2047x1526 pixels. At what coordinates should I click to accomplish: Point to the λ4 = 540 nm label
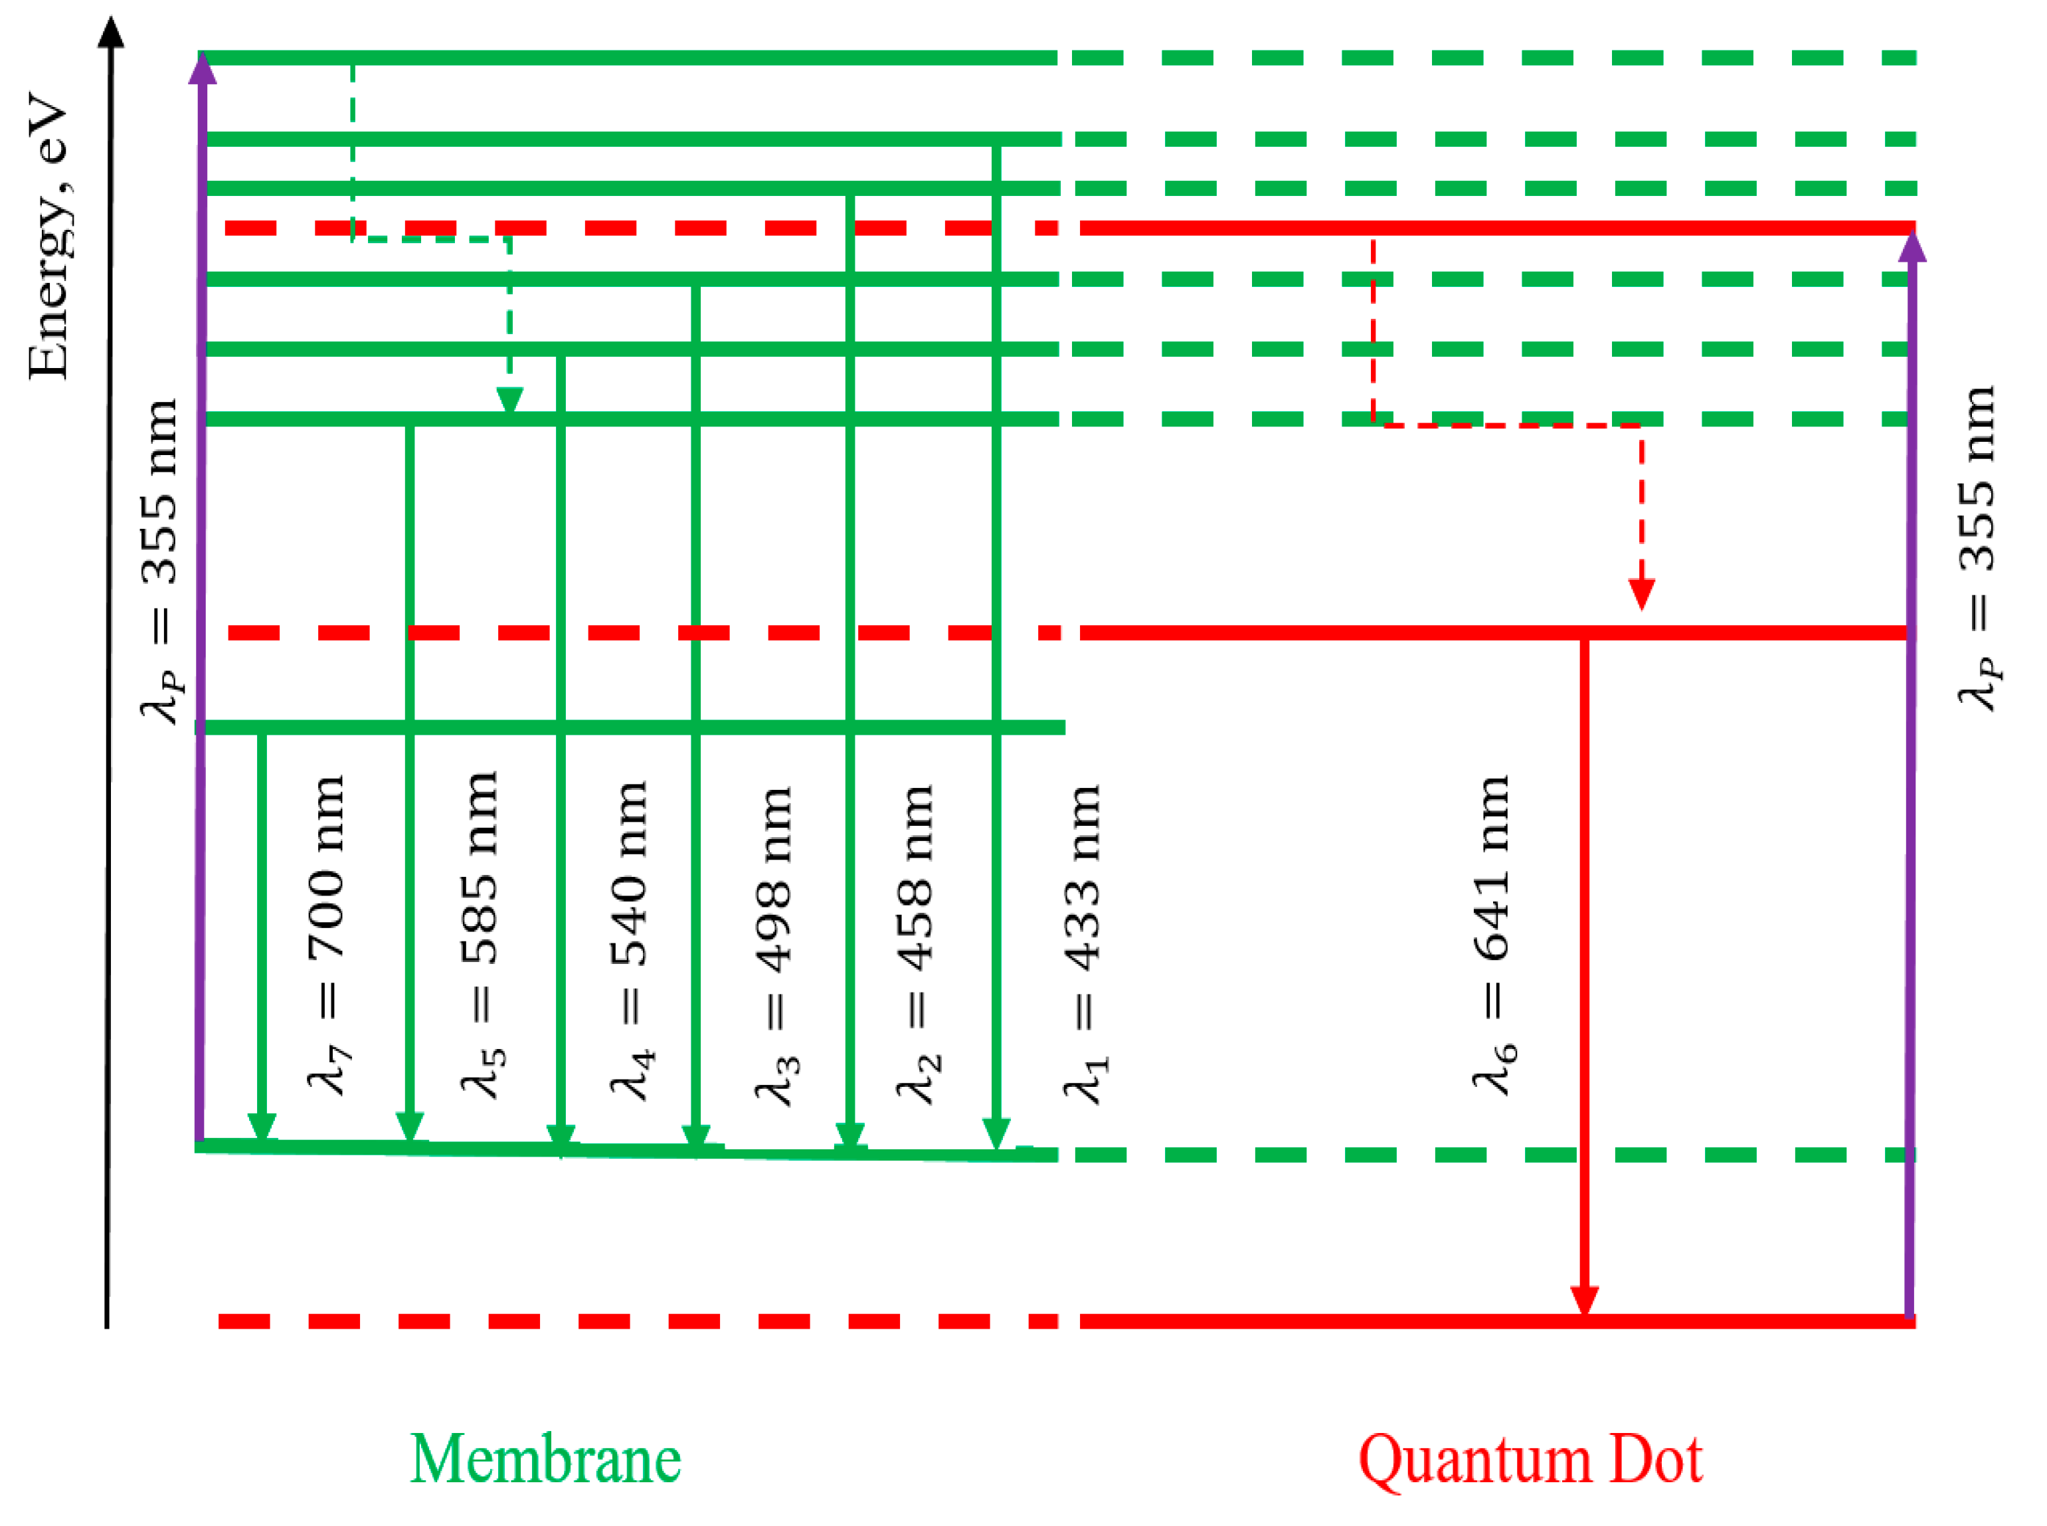(630, 940)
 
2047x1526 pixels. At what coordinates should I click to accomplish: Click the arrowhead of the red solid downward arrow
(1585, 1301)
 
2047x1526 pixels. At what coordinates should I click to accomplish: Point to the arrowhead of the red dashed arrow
(1641, 594)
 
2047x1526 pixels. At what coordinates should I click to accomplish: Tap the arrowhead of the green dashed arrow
(509, 400)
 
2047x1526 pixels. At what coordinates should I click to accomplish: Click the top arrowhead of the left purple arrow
(202, 68)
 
